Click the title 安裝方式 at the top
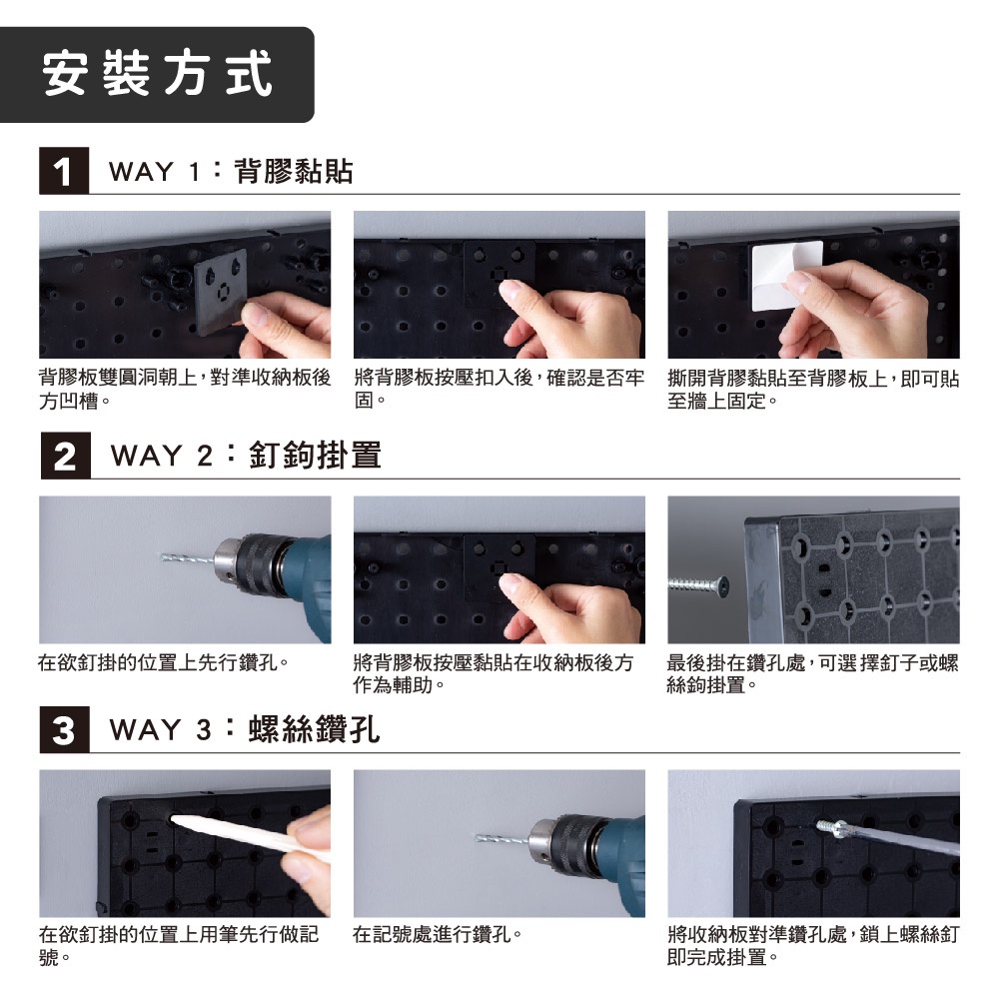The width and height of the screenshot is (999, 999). [158, 73]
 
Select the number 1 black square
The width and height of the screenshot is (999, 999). [64, 171]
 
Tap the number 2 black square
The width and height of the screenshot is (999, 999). [65, 456]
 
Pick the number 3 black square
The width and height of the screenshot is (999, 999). [64, 729]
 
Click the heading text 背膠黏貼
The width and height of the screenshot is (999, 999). [294, 171]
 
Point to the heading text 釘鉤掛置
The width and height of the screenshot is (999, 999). [315, 455]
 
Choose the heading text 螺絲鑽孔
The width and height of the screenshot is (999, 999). [314, 729]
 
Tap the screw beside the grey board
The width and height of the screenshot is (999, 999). [698, 584]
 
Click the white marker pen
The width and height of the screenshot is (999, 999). [249, 836]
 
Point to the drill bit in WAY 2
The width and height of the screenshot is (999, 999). [188, 558]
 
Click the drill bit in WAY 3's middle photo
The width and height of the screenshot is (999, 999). [502, 838]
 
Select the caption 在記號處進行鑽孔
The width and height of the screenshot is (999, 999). [438, 935]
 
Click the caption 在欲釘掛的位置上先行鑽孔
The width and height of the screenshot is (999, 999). [163, 662]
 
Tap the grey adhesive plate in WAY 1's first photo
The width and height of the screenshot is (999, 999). [220, 291]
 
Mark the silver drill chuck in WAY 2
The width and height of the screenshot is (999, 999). [226, 563]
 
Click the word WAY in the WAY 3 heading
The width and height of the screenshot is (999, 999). [145, 729]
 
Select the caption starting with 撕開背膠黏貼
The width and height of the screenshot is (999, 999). [813, 390]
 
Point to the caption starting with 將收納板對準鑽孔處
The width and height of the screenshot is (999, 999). [813, 945]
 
